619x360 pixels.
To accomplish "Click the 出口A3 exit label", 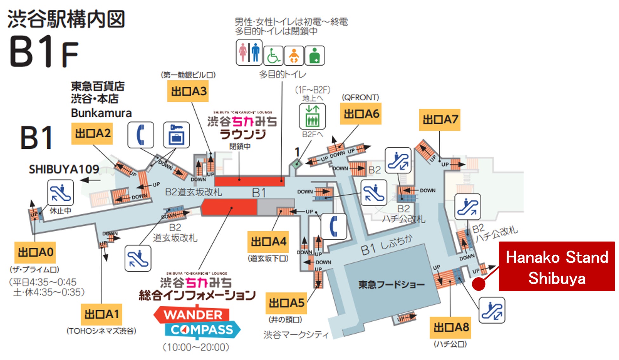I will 188,91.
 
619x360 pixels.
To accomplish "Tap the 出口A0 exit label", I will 35,252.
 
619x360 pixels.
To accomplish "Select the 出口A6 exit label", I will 361,114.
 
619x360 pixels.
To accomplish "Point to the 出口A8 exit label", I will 450,327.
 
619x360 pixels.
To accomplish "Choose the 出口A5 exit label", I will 286,303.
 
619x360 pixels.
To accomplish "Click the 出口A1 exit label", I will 101,314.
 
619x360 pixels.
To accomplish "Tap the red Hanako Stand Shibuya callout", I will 557,267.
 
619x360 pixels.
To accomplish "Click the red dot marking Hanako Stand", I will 479,283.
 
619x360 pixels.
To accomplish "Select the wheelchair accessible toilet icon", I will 273,56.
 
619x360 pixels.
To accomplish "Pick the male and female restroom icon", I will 249,52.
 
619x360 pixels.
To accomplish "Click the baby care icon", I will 294,56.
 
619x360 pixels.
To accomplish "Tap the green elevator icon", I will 312,116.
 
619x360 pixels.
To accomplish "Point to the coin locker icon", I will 176,135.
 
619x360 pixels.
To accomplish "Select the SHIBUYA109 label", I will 64,169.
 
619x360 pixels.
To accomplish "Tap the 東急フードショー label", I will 391,285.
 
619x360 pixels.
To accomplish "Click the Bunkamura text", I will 101,113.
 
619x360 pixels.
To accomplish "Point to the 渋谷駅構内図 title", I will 66,19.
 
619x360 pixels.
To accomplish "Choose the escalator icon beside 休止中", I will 60,193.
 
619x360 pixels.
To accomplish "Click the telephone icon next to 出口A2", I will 141,135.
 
